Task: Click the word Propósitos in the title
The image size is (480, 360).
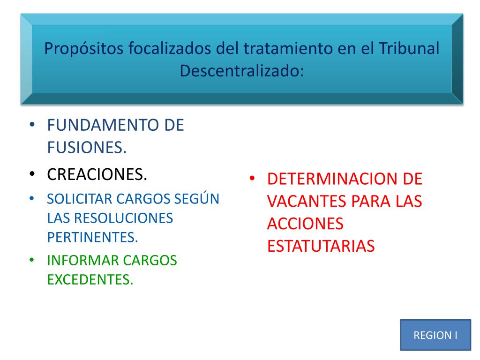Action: coord(84,49)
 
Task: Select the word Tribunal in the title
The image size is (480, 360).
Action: coord(409,48)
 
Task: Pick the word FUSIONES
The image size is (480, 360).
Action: coord(87,148)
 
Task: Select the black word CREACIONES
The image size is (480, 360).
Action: coord(97,174)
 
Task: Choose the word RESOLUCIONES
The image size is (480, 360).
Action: coord(123,218)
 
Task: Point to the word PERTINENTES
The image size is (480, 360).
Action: coord(92,238)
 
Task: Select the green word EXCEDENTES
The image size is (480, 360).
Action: coord(90,280)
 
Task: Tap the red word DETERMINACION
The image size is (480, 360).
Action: coord(333,179)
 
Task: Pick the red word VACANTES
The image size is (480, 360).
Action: coord(307,202)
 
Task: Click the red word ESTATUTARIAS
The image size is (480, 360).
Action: coord(321,246)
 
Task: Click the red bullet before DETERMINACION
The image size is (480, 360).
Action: coord(252,179)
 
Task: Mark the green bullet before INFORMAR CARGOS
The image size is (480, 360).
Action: coord(32,260)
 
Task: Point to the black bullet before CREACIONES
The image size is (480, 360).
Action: coord(32,174)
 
